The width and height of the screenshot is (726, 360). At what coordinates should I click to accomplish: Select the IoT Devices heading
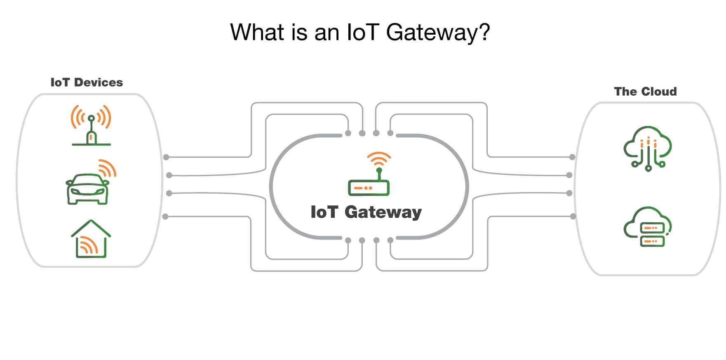click(x=87, y=82)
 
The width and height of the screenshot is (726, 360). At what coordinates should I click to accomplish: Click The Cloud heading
click(x=645, y=92)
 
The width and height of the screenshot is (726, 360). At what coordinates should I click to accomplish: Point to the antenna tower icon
click(x=91, y=125)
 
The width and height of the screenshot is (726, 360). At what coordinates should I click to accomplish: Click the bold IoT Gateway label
click(x=366, y=212)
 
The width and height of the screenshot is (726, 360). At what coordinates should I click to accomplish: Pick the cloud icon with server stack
click(x=648, y=227)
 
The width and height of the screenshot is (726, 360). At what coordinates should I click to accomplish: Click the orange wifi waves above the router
click(x=379, y=158)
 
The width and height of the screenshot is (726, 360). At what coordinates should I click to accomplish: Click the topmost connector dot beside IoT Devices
click(x=166, y=157)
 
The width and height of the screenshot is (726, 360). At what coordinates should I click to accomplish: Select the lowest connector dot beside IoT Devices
click(x=165, y=216)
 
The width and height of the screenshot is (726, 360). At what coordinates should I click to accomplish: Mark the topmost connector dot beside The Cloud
click(x=572, y=157)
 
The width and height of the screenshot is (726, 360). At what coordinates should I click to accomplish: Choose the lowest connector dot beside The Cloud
click(x=573, y=216)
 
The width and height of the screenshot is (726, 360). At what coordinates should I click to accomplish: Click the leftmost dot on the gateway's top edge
click(x=348, y=133)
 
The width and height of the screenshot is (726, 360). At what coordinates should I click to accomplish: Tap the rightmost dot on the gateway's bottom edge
click(x=390, y=240)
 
